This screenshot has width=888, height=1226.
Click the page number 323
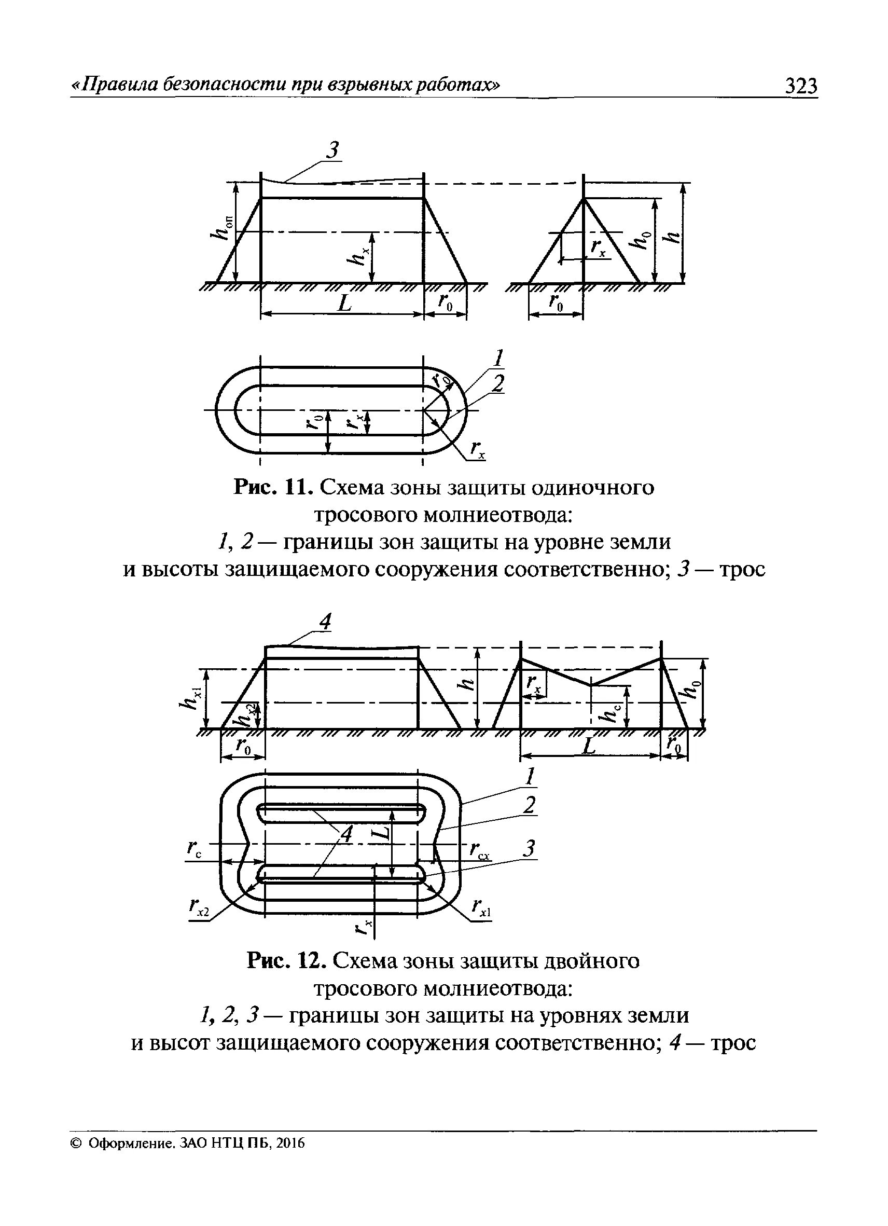tap(801, 87)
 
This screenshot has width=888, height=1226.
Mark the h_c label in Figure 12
tap(611, 713)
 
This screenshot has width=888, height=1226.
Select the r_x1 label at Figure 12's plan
tap(480, 907)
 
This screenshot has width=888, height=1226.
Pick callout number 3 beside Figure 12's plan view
tap(530, 848)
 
